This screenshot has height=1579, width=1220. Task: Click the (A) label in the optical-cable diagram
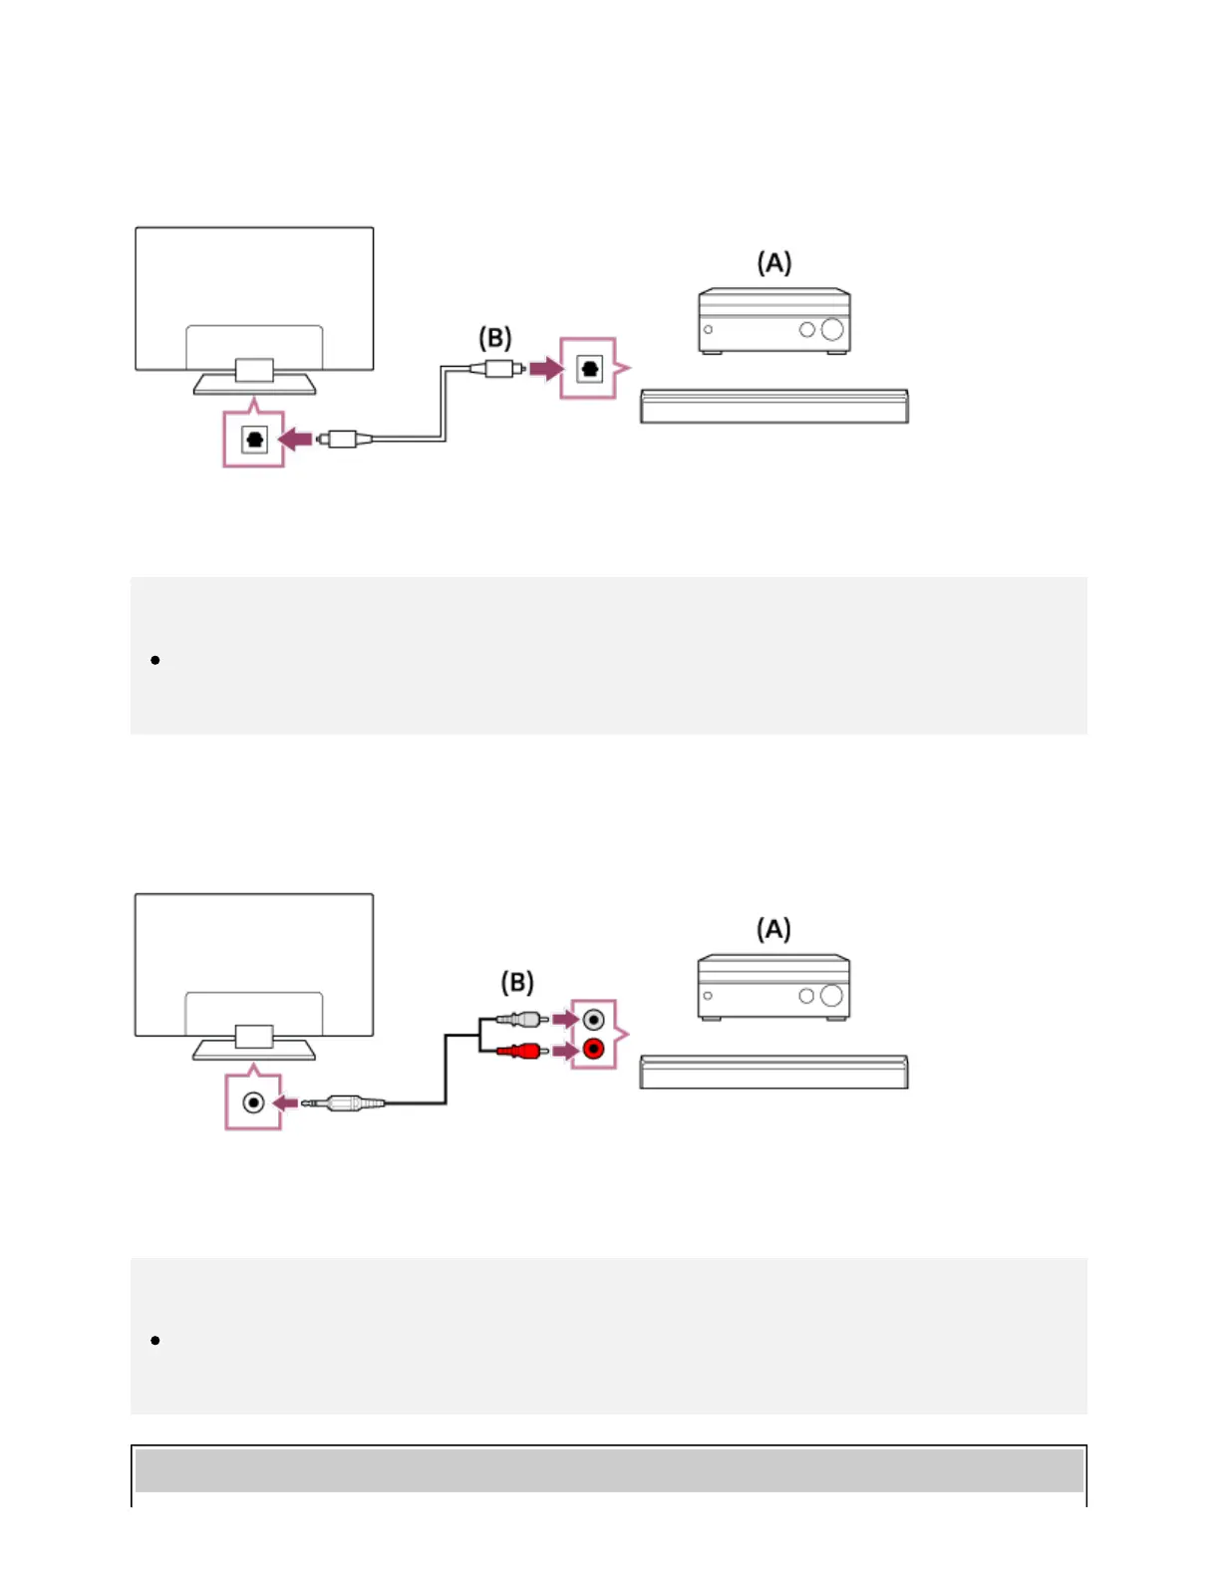coord(774,263)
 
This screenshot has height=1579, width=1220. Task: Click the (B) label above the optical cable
coord(495,338)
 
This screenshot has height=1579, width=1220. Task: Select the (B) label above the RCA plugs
coord(517,983)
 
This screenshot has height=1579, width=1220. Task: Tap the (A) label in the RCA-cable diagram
coord(774,929)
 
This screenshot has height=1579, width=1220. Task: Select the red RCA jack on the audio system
coord(594,1049)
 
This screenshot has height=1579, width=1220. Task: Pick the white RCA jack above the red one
coord(594,1020)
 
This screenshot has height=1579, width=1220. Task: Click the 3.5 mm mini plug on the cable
coord(344,1103)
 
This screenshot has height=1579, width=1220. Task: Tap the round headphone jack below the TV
coord(254,1103)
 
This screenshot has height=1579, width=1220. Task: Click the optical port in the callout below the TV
coord(255,439)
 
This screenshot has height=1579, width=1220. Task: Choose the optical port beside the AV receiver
coord(590,369)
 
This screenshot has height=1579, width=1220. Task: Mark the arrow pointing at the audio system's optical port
coord(545,369)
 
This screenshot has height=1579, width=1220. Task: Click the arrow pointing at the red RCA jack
coord(565,1050)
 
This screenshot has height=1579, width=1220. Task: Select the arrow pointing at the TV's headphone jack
coord(286,1103)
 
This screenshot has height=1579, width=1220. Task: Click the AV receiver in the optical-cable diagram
coord(774,321)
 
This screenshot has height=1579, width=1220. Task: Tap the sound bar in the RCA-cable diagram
coord(773,1072)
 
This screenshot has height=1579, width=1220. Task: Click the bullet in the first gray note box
coord(155,660)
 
